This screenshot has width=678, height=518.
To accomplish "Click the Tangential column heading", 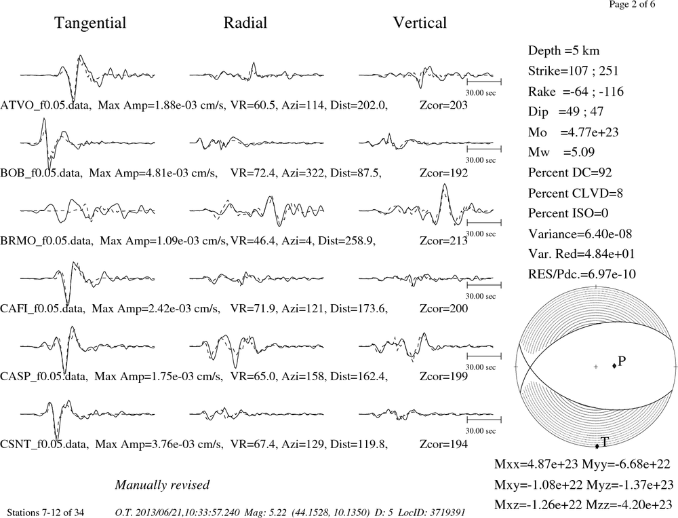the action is (90, 23).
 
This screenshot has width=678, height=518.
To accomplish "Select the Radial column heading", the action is (245, 23).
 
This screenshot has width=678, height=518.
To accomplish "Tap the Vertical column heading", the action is (420, 23).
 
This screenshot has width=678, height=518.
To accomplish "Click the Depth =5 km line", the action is (563, 51).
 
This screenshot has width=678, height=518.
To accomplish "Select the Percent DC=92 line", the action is (570, 172).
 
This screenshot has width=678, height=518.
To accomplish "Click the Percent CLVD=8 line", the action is (576, 193).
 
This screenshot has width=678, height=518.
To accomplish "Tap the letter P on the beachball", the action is (622, 361).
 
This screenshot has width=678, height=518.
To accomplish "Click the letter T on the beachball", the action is (605, 442).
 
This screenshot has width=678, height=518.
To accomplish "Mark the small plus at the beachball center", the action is (596, 367).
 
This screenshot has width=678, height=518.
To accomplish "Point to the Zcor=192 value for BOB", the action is (443, 173).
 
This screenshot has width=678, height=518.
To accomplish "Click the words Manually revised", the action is (162, 485).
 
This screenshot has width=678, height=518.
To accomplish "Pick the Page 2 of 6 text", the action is (632, 4).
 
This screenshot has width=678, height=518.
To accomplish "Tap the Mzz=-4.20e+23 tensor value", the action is (629, 504).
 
